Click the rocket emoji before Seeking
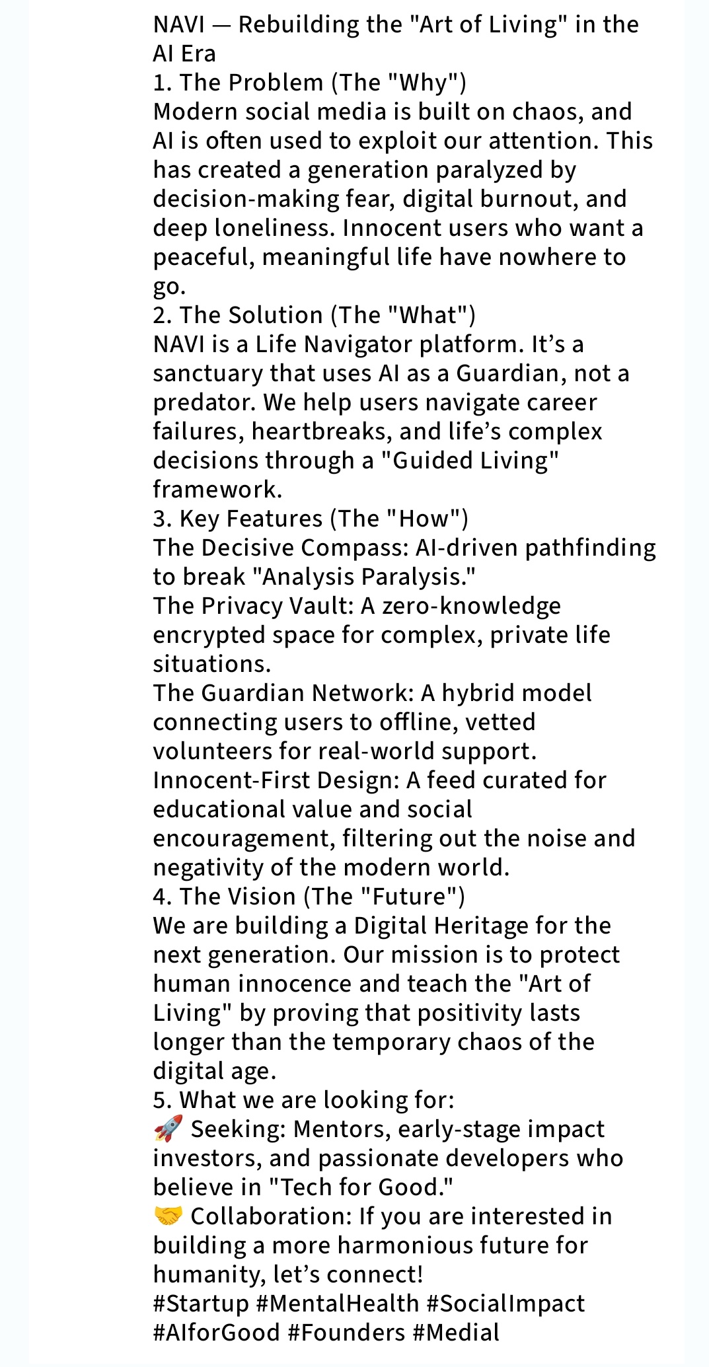168,1128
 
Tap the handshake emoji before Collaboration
168,1216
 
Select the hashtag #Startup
201,1303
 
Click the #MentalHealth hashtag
337,1303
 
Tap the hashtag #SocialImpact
505,1303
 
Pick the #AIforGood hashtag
216,1332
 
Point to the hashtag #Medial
456,1332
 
